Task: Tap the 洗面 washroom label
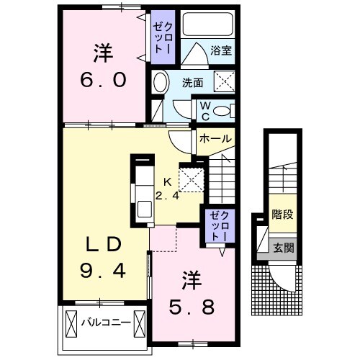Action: [x=192, y=83]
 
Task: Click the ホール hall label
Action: [x=215, y=138]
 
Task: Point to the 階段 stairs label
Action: [x=282, y=215]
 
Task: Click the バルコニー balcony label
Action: [x=106, y=323]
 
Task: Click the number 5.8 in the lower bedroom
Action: [x=191, y=306]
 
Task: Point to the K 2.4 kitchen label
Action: [x=168, y=188]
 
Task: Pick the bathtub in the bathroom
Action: [x=209, y=24]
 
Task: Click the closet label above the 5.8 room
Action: [x=217, y=226]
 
